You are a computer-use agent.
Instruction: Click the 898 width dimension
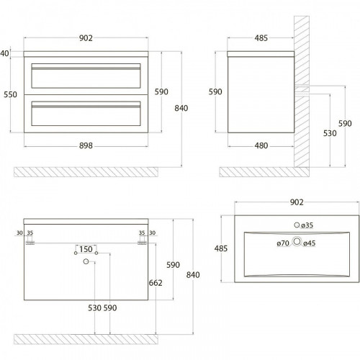[86, 145]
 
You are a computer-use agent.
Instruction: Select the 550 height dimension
[10, 94]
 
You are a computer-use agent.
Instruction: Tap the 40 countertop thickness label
[4, 53]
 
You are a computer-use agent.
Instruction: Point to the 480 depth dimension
[261, 145]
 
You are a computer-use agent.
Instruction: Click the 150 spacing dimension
[86, 249]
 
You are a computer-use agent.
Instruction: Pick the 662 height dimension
[156, 283]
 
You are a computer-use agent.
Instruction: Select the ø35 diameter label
[307, 225]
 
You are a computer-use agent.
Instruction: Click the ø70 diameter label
[283, 243]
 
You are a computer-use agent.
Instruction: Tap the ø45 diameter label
[310, 243]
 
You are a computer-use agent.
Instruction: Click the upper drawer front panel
[86, 76]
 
